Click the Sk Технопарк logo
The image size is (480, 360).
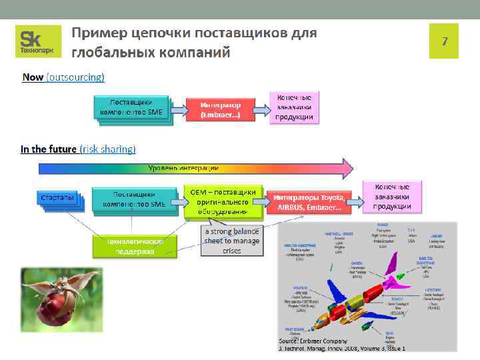point(38,41)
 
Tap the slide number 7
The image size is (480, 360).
point(444,41)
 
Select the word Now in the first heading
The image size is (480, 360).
point(33,77)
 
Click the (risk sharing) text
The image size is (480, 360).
point(107,149)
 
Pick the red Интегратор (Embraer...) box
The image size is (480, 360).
point(220,110)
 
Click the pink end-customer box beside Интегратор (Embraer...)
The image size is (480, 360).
point(294,107)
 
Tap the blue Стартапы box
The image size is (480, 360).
point(57,199)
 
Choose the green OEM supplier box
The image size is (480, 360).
point(223,201)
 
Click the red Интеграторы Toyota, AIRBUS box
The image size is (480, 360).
point(309,203)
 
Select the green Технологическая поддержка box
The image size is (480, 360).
point(135,245)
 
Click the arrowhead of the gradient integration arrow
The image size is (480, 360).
point(345,167)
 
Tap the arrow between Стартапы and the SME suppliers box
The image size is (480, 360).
point(86,199)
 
